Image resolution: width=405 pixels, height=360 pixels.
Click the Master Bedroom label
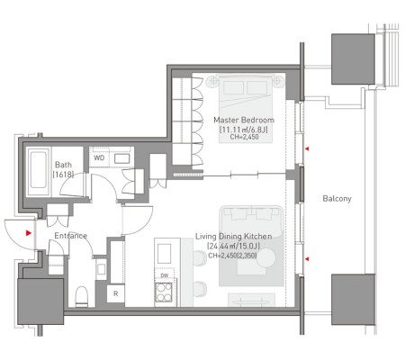click(x=244, y=120)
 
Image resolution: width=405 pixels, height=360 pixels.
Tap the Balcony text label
click(x=337, y=199)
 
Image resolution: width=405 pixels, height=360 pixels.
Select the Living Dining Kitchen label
click(x=234, y=237)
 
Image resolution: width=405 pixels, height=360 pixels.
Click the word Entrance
click(x=70, y=236)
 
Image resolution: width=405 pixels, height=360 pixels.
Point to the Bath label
click(x=63, y=165)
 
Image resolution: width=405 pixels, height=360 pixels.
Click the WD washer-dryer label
click(x=99, y=157)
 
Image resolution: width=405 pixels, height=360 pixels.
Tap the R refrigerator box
click(x=116, y=293)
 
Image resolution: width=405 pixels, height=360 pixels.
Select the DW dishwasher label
click(x=164, y=275)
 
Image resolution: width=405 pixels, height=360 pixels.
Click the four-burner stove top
click(x=164, y=292)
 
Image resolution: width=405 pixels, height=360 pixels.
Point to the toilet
click(x=81, y=297)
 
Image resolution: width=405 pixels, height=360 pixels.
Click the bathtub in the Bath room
click(x=39, y=172)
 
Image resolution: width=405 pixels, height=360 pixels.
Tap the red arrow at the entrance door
click(x=29, y=233)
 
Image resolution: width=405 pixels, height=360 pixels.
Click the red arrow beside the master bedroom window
click(x=307, y=148)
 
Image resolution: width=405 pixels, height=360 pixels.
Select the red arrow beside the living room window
click(x=307, y=258)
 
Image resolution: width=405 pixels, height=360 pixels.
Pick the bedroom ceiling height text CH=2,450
click(x=244, y=137)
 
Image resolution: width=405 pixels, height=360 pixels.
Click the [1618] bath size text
click(x=63, y=175)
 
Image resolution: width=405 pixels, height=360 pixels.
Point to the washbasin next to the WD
click(x=121, y=158)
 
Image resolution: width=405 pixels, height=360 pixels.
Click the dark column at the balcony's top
click(x=353, y=59)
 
